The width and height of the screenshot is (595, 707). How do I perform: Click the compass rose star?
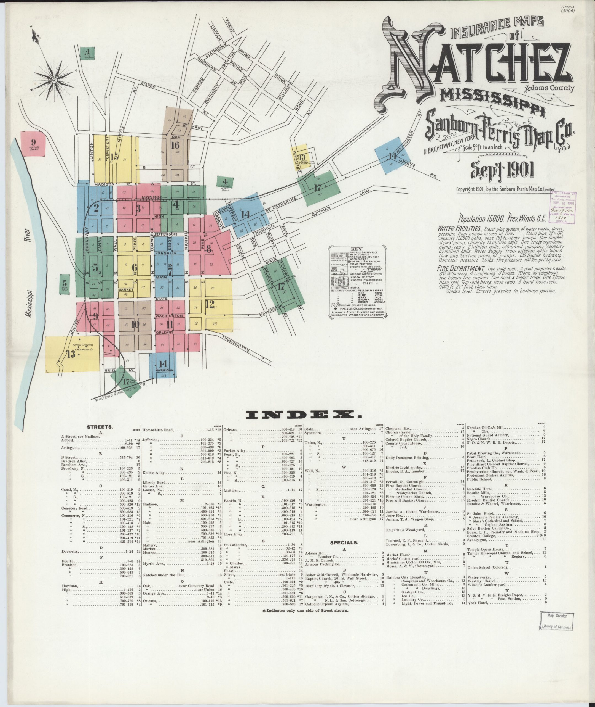coord(54,80)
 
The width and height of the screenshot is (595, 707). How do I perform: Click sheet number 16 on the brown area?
coord(175,145)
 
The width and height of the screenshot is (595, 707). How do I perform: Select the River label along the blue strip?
coord(27,236)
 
